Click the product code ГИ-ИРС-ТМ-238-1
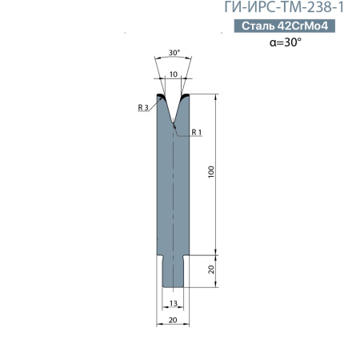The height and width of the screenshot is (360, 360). [x=284, y=7]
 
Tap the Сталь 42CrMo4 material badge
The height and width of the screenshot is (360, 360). [x=285, y=26]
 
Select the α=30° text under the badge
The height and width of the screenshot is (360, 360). [x=286, y=42]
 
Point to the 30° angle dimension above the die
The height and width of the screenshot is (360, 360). [x=174, y=53]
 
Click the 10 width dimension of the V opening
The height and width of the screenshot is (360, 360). [x=174, y=74]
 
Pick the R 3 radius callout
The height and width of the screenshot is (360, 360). [x=143, y=107]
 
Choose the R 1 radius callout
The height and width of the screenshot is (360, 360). [x=197, y=132]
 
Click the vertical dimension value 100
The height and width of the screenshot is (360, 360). [x=211, y=172]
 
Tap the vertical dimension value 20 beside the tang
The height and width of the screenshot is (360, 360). [x=211, y=270]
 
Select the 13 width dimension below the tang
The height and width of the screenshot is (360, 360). [x=174, y=303]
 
